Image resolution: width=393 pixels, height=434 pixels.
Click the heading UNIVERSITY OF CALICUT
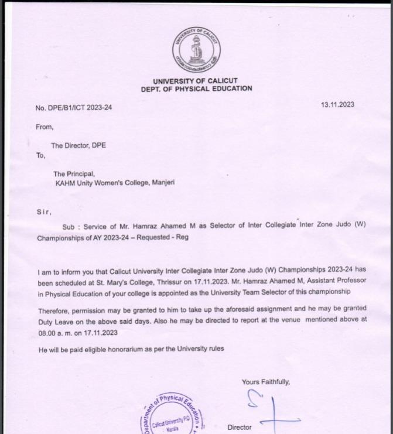point(195,81)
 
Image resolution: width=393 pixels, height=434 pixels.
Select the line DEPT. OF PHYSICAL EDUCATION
point(196,89)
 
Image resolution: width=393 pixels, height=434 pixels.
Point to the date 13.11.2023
point(337,105)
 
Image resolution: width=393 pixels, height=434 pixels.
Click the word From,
point(45,126)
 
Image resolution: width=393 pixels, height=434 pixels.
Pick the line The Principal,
point(73,173)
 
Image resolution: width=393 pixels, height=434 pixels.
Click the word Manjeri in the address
point(163,182)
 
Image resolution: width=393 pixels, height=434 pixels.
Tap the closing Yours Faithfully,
point(265,382)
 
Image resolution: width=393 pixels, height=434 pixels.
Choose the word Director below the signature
point(240,428)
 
